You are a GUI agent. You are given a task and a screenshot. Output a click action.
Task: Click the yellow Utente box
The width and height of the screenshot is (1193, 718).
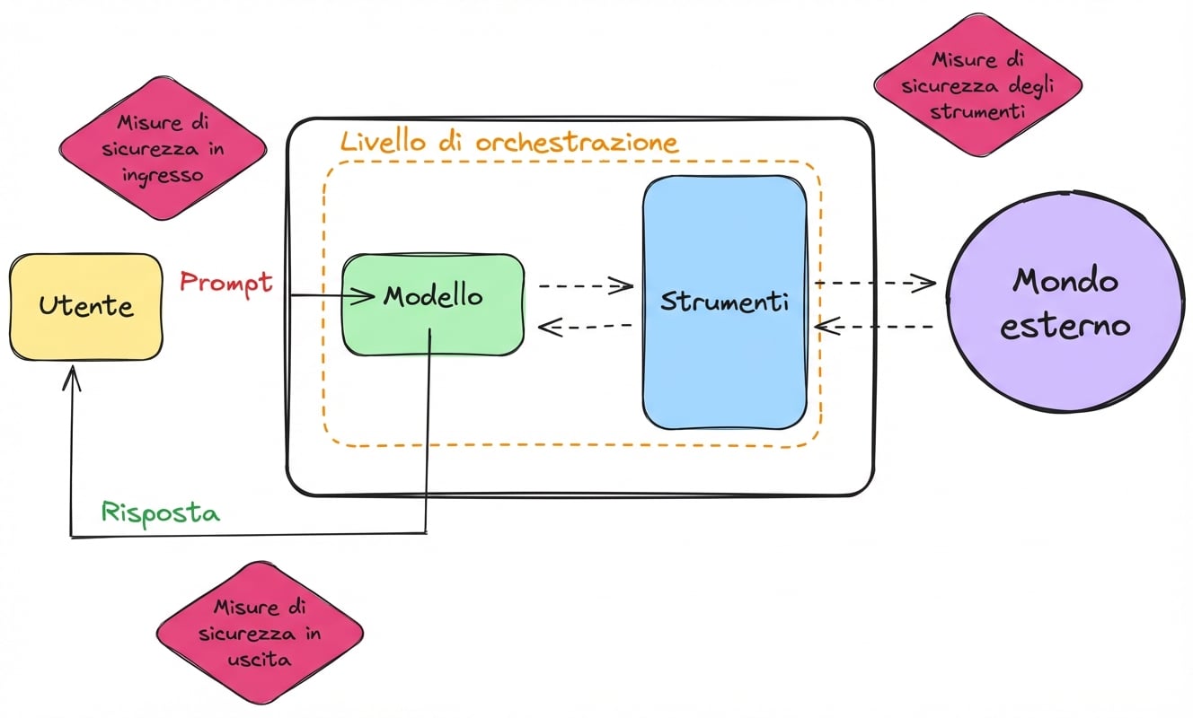[x=86, y=307]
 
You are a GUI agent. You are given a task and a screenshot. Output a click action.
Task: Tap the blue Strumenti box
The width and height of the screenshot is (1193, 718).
[x=724, y=302]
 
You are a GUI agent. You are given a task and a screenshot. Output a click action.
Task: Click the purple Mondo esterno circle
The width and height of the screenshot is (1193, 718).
[x=1065, y=302]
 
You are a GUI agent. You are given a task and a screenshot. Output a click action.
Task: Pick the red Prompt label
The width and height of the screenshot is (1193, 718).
[x=225, y=282]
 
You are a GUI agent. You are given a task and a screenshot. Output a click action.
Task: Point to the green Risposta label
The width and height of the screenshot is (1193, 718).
[x=161, y=512]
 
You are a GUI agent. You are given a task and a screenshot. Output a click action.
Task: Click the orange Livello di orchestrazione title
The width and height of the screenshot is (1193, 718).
[x=508, y=142]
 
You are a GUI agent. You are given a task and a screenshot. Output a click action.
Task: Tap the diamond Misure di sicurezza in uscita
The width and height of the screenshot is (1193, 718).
[x=260, y=634]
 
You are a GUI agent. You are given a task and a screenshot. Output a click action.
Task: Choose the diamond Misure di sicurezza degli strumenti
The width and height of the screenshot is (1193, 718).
[x=977, y=87]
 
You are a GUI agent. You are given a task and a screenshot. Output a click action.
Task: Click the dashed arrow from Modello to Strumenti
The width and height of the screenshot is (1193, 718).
[x=586, y=286]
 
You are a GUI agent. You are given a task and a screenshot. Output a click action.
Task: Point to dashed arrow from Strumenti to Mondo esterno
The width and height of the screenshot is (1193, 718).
[x=875, y=283]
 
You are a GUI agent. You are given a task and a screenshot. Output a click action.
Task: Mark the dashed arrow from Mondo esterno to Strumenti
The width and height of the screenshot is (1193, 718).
[x=880, y=327]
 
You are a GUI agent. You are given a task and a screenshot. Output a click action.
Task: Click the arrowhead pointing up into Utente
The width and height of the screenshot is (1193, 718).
[x=72, y=381]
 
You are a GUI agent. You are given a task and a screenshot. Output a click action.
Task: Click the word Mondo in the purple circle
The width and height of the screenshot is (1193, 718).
[x=1065, y=281]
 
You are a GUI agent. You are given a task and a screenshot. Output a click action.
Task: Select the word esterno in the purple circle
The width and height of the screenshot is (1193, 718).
[x=1065, y=325]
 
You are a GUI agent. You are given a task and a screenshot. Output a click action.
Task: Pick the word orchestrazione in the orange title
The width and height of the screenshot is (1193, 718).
[x=577, y=142]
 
